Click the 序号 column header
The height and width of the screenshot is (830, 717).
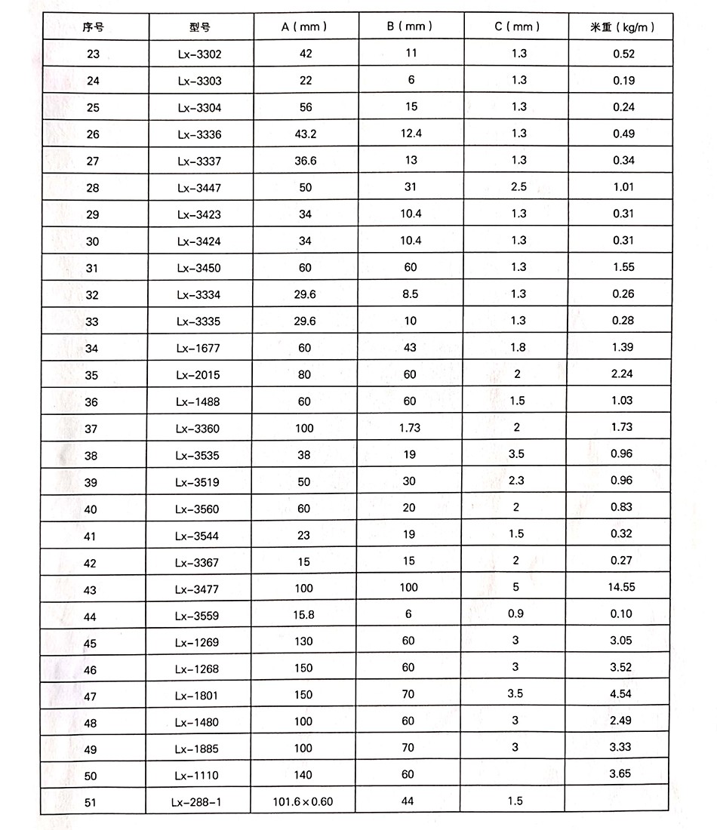point(93,27)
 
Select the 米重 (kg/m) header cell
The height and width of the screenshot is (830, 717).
point(622,27)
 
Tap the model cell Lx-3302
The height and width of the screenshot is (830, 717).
point(200,54)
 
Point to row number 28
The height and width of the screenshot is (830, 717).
point(93,188)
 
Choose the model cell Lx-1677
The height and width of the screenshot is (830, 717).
point(198,349)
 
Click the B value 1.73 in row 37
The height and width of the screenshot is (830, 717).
point(409,428)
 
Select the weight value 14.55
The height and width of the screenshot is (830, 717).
point(623,588)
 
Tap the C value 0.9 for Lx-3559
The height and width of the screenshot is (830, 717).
point(516,614)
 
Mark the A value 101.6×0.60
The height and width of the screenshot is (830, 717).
point(303,801)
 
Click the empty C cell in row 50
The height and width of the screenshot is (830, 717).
point(515,774)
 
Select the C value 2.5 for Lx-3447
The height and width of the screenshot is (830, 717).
point(519,187)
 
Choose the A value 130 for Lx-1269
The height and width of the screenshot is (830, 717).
point(303,641)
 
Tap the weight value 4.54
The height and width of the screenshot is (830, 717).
point(622,694)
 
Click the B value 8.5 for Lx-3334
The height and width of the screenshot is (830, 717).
point(411,294)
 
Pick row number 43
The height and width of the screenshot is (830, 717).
point(91,590)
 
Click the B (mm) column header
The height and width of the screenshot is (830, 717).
point(410,26)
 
